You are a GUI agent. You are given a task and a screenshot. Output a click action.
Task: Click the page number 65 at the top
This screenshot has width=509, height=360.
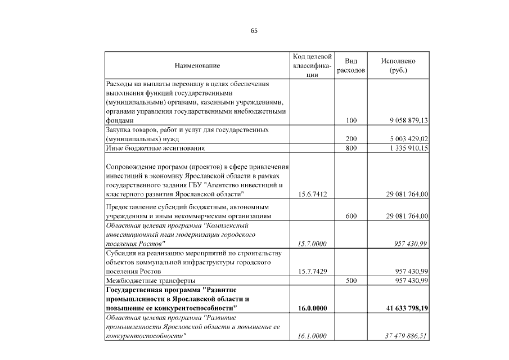pos(254,30)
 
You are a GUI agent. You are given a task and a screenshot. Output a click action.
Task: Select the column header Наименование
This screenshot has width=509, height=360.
pos(197,66)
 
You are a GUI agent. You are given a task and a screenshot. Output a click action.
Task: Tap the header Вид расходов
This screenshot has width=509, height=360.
pos(351,66)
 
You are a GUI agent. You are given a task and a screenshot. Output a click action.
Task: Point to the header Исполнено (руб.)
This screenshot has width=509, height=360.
pos(398,66)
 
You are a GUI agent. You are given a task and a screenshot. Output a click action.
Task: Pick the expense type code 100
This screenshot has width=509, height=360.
pos(352,120)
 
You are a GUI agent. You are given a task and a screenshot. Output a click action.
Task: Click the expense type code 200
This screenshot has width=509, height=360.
pos(352,138)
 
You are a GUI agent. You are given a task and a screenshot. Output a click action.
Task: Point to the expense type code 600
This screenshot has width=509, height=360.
pos(352,216)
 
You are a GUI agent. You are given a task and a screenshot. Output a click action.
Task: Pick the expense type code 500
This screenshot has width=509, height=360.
pos(352,280)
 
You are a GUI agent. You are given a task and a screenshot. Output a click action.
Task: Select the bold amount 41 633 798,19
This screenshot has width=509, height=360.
pos(404,308)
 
